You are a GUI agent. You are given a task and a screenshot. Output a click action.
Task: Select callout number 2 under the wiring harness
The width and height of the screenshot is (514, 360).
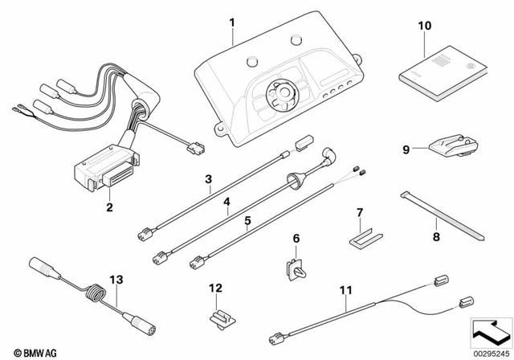(109, 207)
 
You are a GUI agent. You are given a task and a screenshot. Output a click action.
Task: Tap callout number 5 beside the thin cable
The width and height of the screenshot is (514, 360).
(247, 219)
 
